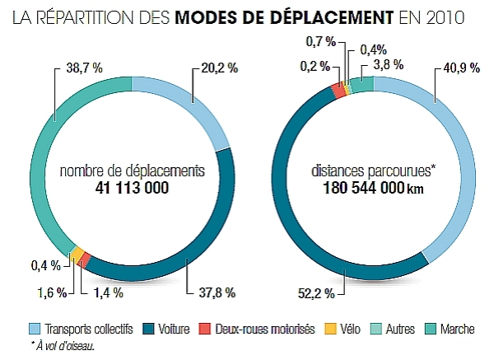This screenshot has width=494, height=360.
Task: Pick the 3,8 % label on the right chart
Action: coord(388,64)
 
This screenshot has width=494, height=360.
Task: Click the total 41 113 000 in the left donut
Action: coord(132,189)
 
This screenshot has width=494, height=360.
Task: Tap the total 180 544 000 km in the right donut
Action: coord(372,189)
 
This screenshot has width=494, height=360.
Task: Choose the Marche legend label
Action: coord(457,330)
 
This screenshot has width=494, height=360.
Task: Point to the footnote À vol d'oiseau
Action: coord(62,346)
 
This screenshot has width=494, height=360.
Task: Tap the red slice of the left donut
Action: coord(86,259)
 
